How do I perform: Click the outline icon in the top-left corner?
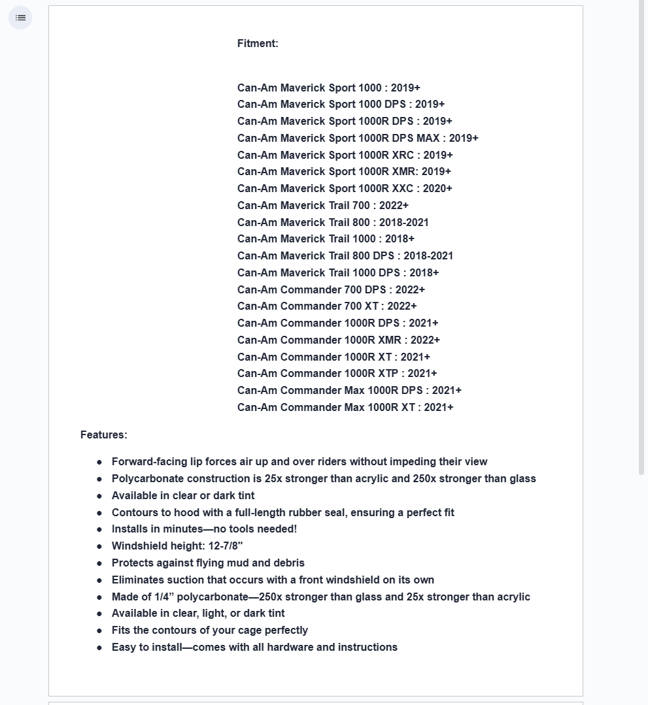(20, 18)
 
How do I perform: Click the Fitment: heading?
(258, 44)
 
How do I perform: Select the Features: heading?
(103, 435)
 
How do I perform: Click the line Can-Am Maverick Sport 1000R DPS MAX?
(358, 139)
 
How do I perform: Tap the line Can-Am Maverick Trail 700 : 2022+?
(323, 206)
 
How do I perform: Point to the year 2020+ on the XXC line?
(437, 189)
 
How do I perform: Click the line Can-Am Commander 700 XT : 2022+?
(327, 306)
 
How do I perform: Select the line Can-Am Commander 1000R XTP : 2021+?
(337, 374)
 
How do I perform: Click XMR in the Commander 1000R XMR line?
(390, 340)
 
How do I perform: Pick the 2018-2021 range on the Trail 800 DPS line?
(428, 256)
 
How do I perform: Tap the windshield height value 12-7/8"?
(226, 546)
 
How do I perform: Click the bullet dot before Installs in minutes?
(99, 530)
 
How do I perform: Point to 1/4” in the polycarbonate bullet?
(164, 597)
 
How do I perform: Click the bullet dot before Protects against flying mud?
(99, 563)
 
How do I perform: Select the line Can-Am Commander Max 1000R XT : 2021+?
(345, 408)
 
